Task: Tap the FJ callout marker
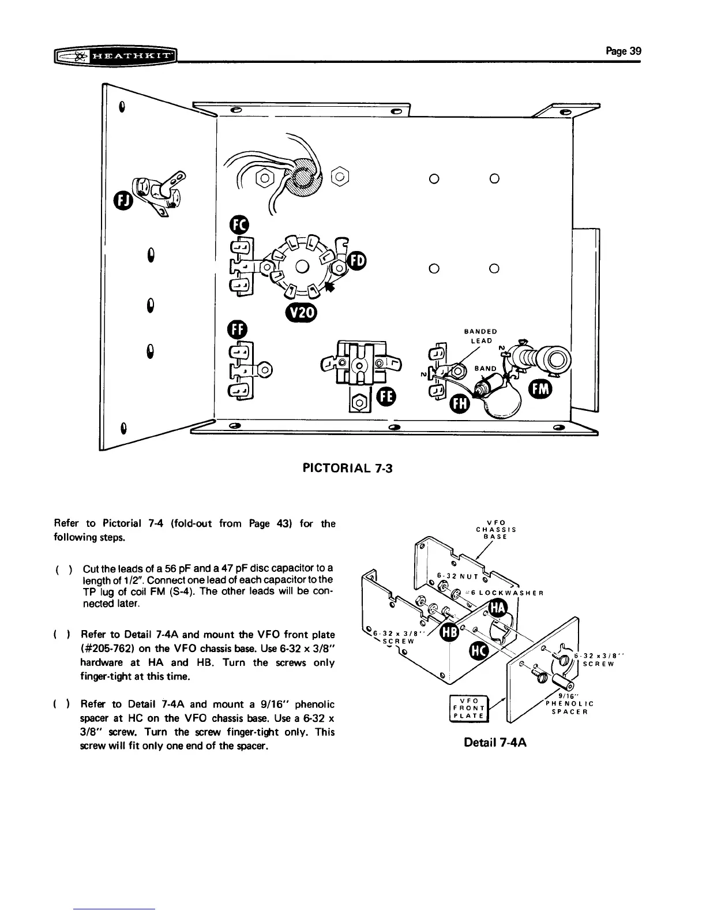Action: point(123,201)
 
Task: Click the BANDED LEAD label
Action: point(480,336)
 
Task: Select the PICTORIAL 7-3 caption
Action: point(347,467)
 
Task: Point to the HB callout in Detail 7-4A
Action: point(449,632)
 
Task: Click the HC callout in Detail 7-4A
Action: point(479,652)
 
